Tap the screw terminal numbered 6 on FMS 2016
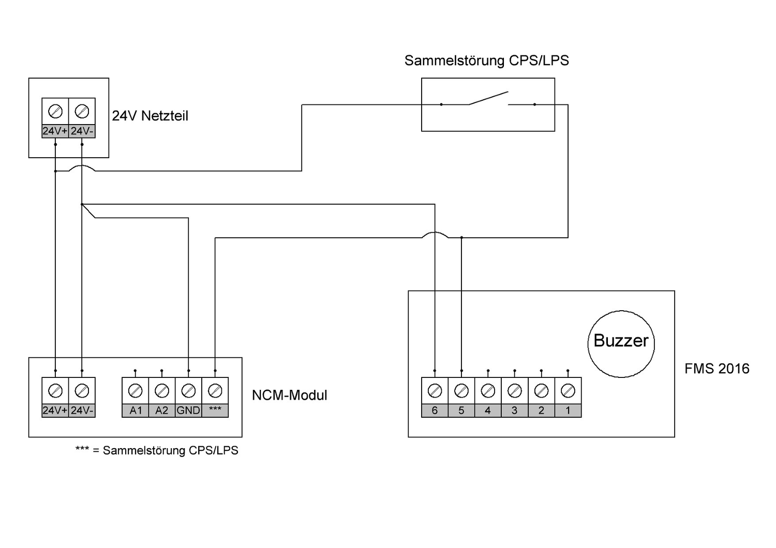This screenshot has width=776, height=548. pos(435,391)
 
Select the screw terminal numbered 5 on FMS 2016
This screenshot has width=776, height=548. pos(461,391)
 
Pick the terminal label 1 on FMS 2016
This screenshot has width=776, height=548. pos(568,410)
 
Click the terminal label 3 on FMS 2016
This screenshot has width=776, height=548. pos(514,410)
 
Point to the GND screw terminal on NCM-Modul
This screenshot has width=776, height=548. pos(188,391)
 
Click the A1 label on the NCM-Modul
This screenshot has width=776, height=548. pos(136,410)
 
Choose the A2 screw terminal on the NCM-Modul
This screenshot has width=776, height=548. pos(162,391)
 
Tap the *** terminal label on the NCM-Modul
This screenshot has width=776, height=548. pos(215,410)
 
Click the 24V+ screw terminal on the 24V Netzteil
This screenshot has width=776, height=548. pos(55,111)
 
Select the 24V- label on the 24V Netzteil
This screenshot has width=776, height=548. pos(82,131)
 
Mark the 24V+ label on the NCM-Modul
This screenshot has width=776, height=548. pos(55,410)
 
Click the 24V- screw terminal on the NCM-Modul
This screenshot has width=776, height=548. pos(82,391)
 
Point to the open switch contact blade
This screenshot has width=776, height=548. pos(488,98)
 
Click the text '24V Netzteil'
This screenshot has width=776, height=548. pos(150,116)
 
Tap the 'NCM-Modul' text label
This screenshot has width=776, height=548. pos(289,395)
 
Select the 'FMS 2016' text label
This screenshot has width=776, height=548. pos(717,369)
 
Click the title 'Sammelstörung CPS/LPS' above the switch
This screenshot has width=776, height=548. pos(486,60)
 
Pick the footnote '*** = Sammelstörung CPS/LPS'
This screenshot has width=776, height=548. pos(157,450)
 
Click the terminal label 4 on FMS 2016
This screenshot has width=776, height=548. pos(488,410)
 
